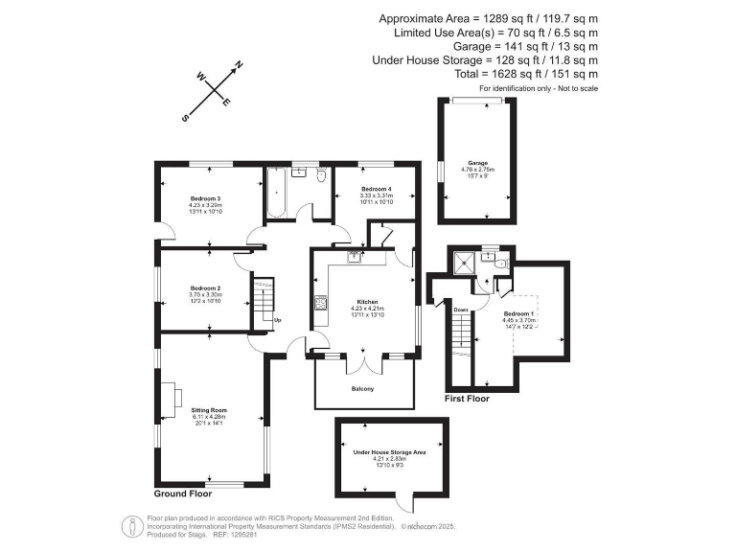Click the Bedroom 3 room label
click(205, 197)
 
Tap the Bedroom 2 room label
click(205, 288)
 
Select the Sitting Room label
click(208, 409)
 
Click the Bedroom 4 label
click(376, 189)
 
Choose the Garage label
click(477, 163)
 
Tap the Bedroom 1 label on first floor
click(518, 314)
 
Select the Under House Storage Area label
click(389, 451)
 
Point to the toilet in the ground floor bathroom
click(322, 176)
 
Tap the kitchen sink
click(356, 256)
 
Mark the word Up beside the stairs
click(278, 319)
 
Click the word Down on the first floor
click(461, 310)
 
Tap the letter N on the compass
click(239, 65)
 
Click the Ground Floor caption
click(184, 494)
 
